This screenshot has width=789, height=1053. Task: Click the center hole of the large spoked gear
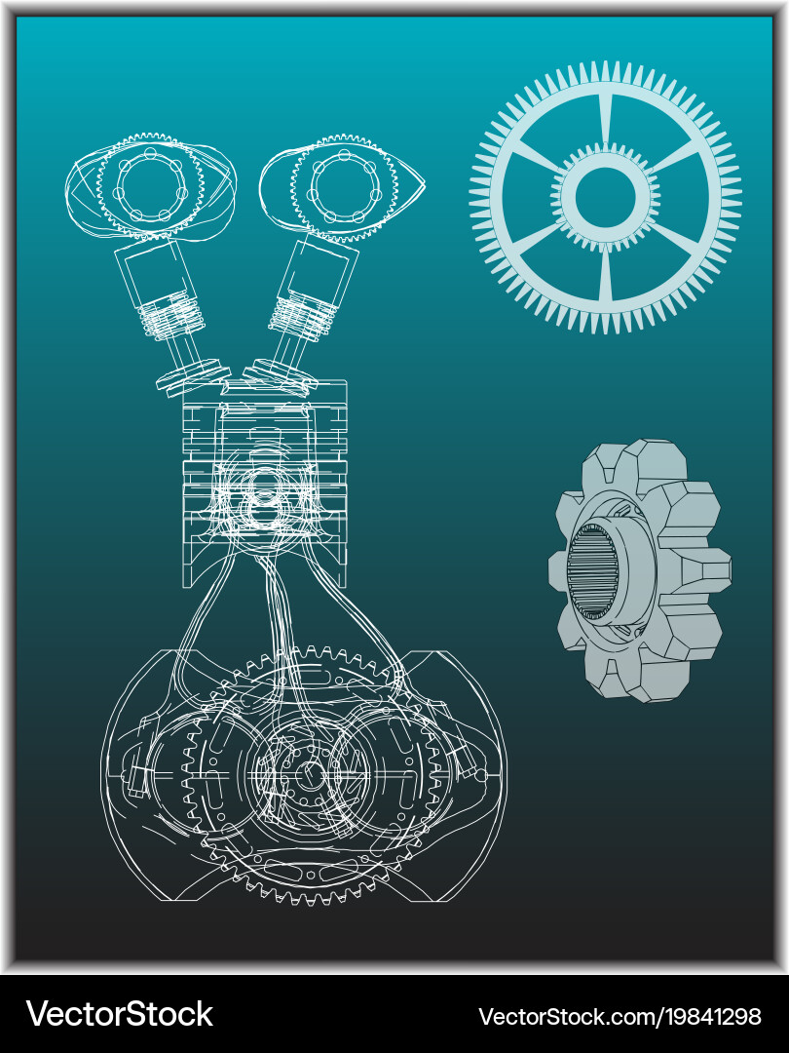coord(605,197)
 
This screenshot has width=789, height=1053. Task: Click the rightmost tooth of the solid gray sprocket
coord(709,570)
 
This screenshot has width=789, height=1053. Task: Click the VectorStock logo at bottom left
coord(119,1014)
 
